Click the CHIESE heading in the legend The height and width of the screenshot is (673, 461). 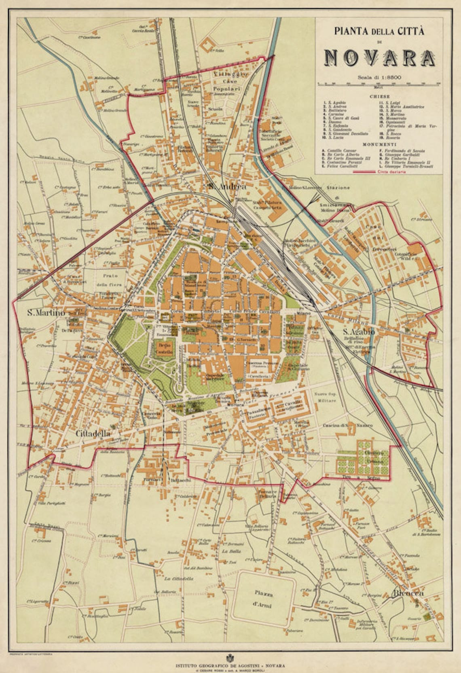pyautogui.click(x=379, y=97)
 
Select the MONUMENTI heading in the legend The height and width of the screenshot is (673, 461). pyautogui.click(x=379, y=144)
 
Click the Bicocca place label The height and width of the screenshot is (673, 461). pyautogui.click(x=407, y=594)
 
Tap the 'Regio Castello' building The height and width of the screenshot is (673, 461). pyautogui.click(x=165, y=349)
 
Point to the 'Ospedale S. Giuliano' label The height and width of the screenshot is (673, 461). pyautogui.click(x=298, y=367)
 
